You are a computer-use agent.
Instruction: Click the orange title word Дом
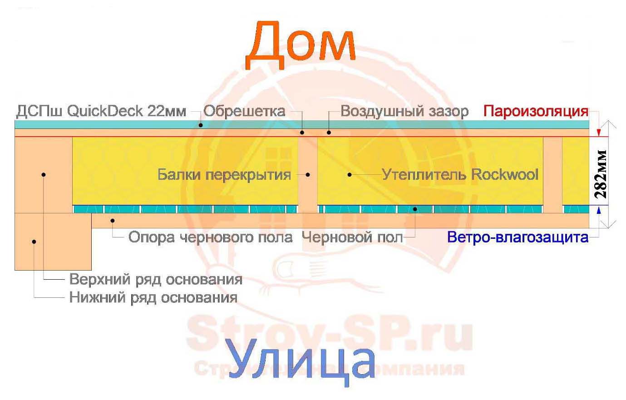(x=301, y=45)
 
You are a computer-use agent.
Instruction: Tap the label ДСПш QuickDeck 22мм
(x=101, y=112)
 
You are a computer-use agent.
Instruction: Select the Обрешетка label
(x=244, y=111)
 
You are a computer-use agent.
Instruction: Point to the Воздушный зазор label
(x=404, y=112)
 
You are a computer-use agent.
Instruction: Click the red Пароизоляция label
(x=536, y=111)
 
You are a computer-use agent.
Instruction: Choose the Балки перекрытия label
(x=224, y=175)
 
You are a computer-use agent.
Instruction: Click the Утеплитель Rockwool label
(x=460, y=174)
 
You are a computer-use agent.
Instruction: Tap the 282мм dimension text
(x=601, y=174)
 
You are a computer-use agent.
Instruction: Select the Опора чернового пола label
(x=211, y=237)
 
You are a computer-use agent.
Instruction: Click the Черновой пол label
(x=352, y=237)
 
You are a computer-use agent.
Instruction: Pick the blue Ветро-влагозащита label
(x=518, y=237)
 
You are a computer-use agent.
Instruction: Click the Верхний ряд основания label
(x=156, y=279)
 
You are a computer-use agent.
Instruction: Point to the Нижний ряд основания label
(x=153, y=297)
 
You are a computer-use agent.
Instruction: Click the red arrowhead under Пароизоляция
(x=599, y=133)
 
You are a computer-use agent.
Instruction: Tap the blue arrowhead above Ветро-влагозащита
(x=599, y=210)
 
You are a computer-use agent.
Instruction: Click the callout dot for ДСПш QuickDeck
(x=201, y=125)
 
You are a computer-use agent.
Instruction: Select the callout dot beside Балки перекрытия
(x=308, y=175)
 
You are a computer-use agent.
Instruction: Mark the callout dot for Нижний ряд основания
(x=34, y=242)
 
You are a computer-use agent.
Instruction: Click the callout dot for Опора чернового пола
(x=112, y=221)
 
